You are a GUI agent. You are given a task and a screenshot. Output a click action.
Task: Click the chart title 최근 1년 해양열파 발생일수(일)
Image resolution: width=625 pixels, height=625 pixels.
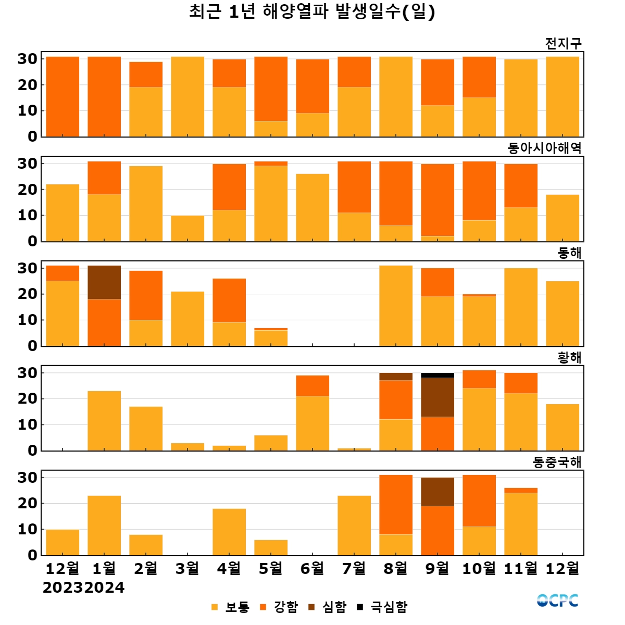[312, 11]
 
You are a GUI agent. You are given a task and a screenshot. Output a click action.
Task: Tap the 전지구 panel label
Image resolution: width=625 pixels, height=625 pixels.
[563, 44]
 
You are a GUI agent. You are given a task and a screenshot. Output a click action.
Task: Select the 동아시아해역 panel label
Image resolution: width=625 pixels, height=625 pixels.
[544, 148]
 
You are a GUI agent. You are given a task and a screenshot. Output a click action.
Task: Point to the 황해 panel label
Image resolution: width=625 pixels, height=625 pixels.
[569, 358]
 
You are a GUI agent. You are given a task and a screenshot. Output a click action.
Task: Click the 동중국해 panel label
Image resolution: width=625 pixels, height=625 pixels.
[557, 463]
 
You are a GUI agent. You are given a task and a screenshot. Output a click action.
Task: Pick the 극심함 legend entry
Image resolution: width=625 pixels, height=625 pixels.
[383, 607]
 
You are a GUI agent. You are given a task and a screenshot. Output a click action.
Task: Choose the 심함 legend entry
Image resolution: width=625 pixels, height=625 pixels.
[328, 607]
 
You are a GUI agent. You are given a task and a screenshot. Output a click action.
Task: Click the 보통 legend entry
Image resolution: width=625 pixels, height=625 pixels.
[231, 607]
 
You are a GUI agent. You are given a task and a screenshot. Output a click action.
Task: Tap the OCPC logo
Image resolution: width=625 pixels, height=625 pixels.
[557, 601]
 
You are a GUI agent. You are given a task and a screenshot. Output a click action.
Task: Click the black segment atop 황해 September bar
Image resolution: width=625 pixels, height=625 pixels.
[438, 375]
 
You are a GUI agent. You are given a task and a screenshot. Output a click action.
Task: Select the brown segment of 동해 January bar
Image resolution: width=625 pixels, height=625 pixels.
[104, 282]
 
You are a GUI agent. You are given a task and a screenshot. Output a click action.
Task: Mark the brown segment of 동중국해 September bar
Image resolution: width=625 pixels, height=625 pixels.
[438, 492]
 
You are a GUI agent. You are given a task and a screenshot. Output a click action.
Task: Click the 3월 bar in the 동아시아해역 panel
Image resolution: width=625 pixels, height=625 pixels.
[187, 228]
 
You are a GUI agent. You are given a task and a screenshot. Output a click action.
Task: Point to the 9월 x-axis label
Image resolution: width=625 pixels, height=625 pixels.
[438, 568]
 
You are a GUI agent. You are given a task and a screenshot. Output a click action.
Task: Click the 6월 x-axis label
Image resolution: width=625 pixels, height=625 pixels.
[312, 568]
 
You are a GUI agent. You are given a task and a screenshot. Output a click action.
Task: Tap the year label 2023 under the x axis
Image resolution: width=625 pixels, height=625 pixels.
[63, 587]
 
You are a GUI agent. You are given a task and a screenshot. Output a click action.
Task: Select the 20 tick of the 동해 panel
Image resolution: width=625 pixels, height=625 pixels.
[28, 294]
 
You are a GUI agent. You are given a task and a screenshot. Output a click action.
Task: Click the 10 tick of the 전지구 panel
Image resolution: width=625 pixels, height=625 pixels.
[28, 110]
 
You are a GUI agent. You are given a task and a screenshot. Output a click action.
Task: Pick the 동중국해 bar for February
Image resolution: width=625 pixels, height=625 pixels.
[146, 545]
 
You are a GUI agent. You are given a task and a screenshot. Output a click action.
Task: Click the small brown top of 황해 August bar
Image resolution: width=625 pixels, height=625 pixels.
[396, 377]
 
